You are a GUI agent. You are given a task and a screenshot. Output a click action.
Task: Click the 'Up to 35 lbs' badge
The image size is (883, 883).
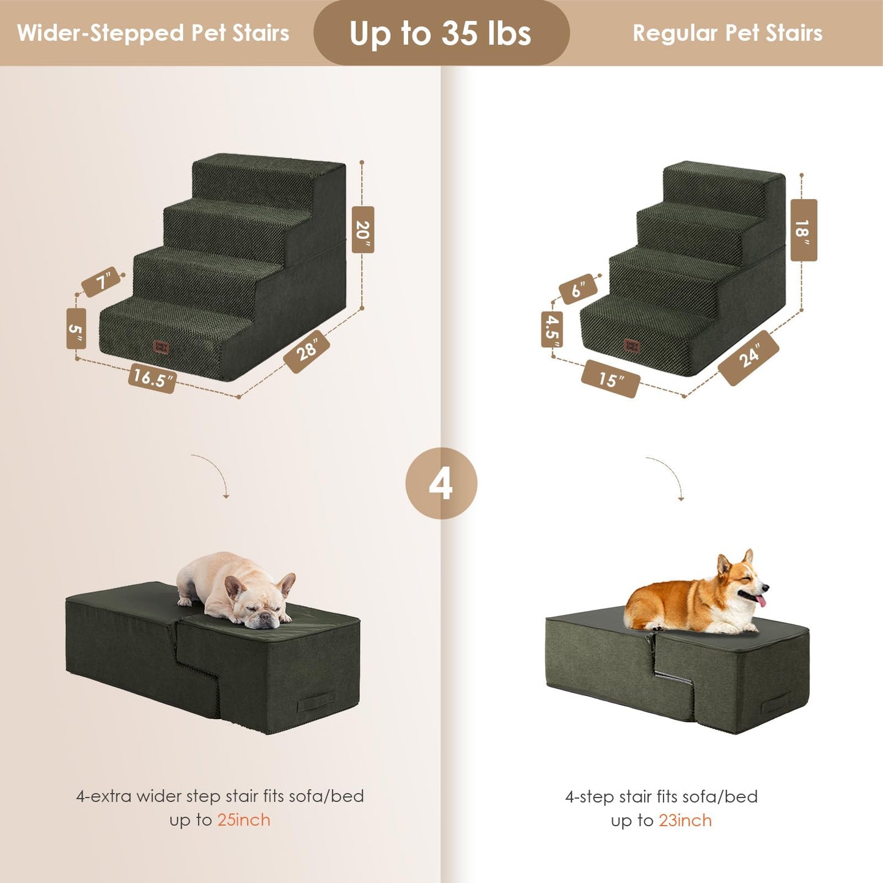coord(441,33)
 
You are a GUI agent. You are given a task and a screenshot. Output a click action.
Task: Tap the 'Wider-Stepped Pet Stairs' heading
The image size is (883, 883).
coord(153,33)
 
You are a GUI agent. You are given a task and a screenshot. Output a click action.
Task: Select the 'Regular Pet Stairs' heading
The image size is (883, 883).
coord(727,33)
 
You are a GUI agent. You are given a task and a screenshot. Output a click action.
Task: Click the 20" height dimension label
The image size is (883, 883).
coord(362,230)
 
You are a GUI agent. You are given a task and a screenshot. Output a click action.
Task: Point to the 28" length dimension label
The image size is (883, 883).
coord(307,351)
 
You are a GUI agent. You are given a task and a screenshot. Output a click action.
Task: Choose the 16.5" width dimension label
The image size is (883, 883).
coord(152,378)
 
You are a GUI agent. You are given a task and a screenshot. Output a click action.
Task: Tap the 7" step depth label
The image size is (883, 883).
coord(101,282)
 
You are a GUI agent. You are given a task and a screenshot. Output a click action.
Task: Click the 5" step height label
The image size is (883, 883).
coord(76,329)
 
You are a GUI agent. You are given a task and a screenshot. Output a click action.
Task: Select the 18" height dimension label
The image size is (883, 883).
coord(803,230)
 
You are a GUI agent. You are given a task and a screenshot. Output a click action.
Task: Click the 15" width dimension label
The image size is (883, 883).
coord(610,379)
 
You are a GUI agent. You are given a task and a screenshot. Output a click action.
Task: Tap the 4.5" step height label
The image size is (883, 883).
coord(552,329)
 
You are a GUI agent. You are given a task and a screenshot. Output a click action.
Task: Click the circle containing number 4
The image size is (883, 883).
coord(441,483)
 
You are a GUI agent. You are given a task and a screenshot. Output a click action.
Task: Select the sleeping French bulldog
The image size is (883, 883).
coord(235,590)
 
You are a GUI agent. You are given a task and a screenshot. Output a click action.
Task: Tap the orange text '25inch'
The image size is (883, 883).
coord(244,820)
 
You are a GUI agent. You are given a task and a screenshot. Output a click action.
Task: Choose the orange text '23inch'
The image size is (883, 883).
coord(685,821)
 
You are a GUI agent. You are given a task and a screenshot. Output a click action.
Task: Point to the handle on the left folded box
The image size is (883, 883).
coord(315,703)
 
